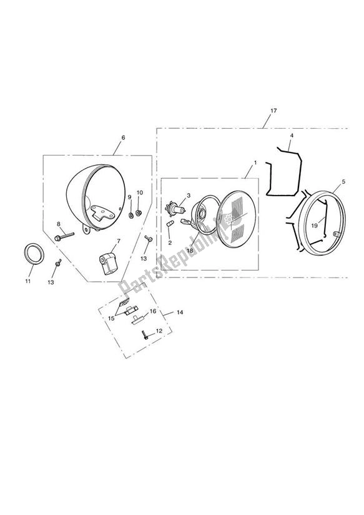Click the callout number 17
click(273, 111)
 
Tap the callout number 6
click(123, 137)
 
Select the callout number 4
click(292, 136)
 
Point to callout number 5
click(343, 181)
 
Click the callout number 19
click(315, 226)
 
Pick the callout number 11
click(28, 281)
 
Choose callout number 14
click(180, 312)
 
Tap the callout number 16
click(153, 311)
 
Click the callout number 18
click(190, 251)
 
